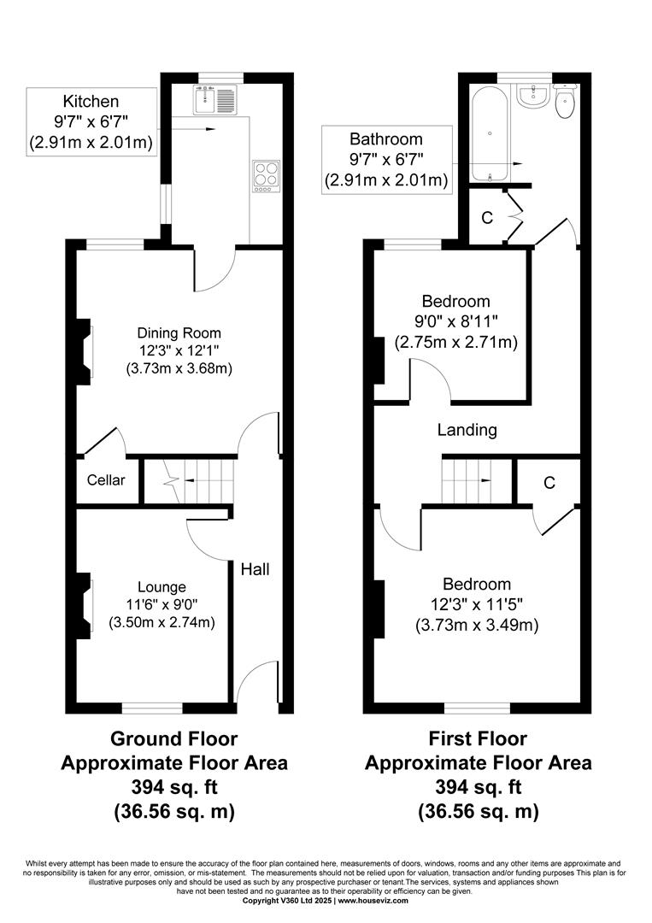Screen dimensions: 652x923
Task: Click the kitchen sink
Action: point(214,99)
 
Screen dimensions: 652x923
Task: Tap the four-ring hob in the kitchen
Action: point(266,175)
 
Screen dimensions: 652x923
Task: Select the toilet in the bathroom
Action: point(565,101)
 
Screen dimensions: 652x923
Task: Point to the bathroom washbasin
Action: point(533,96)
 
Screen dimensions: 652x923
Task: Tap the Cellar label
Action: point(106,479)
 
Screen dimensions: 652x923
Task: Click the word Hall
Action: point(256,568)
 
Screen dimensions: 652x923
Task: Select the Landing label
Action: point(467,430)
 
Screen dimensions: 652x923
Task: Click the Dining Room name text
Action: point(179,332)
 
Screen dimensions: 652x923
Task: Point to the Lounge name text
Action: point(162,586)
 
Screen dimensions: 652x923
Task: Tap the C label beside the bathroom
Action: point(487,218)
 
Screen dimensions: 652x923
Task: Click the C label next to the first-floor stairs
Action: point(549,483)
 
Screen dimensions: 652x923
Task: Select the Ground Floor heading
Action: point(174,738)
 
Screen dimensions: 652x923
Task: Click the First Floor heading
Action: point(478,738)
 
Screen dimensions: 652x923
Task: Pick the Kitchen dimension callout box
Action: point(91,122)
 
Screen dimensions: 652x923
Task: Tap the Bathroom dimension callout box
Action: point(387,160)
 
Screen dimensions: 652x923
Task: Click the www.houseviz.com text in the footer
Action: point(373,901)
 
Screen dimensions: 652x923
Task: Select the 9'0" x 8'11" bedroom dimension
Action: point(456,321)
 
